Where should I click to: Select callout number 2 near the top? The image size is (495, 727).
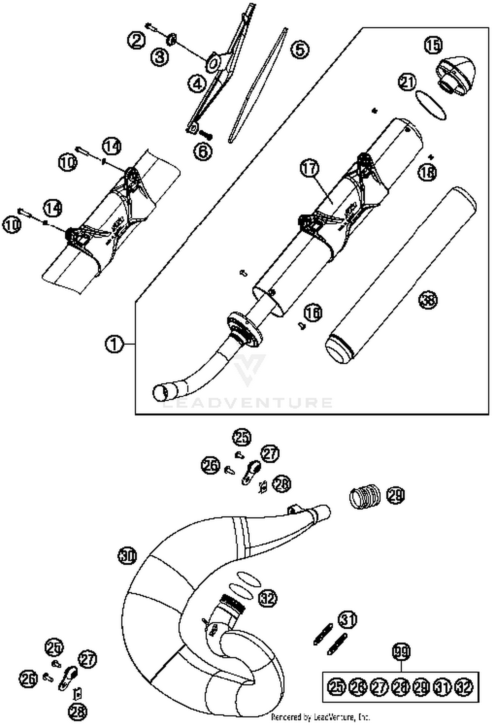(136, 41)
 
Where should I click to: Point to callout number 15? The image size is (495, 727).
(433, 45)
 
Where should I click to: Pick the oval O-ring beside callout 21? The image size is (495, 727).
(431, 105)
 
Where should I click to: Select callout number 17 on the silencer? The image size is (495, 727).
(310, 169)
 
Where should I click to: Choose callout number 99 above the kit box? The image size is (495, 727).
(401, 652)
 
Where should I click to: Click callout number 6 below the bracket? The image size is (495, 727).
(203, 151)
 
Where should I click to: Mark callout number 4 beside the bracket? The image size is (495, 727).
(197, 84)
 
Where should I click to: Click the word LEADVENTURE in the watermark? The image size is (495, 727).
(247, 403)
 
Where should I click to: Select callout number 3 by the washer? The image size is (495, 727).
(160, 57)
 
